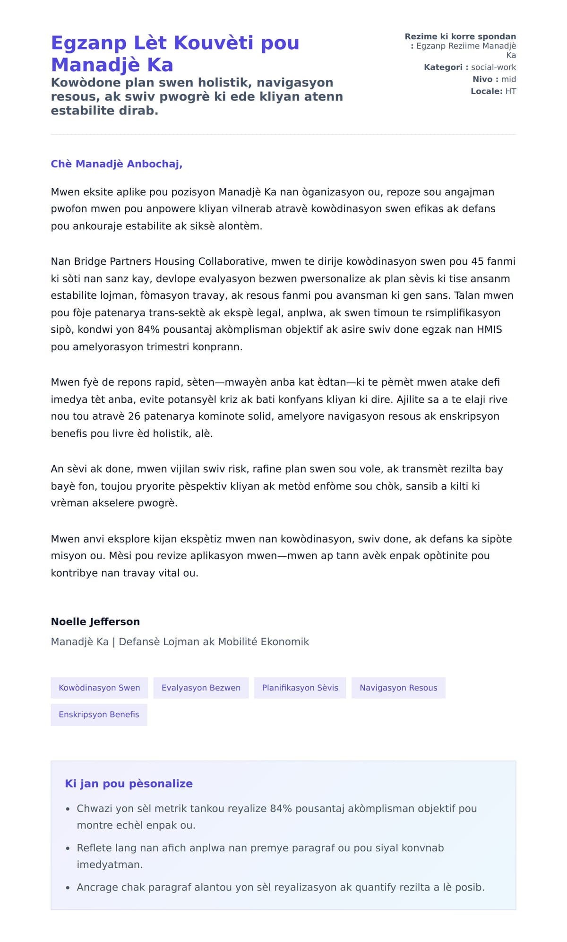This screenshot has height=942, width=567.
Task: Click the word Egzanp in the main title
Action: [89, 43]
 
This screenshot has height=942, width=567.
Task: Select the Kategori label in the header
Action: [443, 67]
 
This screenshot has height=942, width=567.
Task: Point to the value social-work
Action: [493, 67]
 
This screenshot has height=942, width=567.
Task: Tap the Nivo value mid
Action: [508, 79]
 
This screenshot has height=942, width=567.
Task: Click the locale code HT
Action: [510, 91]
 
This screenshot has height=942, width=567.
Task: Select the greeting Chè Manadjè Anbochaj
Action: [116, 164]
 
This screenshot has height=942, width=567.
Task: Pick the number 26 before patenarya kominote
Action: [134, 416]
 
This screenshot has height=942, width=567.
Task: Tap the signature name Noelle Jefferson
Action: [95, 622]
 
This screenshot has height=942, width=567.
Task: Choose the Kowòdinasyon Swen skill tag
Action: [99, 688]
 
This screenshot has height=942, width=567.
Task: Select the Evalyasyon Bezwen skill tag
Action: [201, 688]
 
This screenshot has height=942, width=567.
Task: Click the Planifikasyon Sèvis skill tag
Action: [300, 688]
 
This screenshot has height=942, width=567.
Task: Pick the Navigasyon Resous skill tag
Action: [398, 688]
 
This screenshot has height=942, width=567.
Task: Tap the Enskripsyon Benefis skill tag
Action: [99, 715]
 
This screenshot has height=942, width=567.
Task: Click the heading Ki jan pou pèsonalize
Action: [129, 784]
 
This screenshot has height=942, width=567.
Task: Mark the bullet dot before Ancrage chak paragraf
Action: [68, 888]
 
